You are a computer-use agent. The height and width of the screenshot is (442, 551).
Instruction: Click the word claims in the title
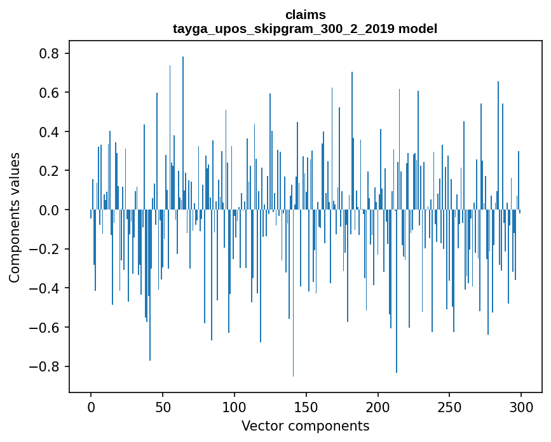pos(305,15)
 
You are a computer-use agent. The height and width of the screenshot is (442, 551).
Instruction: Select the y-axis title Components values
pos(15,217)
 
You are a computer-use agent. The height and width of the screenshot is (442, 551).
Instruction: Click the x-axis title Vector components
pos(305,425)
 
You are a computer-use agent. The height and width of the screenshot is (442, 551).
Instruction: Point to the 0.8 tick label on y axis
pos(49,54)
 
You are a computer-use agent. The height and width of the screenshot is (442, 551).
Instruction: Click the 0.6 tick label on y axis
pos(49,93)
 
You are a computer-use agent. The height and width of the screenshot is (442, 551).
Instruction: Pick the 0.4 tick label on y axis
pos(49,132)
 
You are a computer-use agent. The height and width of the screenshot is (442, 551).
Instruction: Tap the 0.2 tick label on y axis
pos(49,171)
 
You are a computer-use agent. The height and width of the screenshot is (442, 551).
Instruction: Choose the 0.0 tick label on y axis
pos(49,210)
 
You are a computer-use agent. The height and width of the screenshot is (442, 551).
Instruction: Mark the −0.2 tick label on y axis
pos(44,250)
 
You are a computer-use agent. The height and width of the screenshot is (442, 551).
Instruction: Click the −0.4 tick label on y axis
pos(44,288)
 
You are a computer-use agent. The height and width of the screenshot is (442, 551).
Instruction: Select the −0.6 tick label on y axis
pos(44,328)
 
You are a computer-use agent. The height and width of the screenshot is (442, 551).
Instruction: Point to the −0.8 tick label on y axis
pos(44,366)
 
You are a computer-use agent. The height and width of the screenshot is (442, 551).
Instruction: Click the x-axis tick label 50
pos(163,406)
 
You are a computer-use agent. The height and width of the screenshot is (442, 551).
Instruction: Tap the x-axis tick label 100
pos(235,406)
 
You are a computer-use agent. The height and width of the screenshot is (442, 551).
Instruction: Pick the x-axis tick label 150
pos(306,406)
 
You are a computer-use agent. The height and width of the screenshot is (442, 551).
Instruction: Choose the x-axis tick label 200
pos(378,406)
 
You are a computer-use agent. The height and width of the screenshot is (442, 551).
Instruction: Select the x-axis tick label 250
pos(450,406)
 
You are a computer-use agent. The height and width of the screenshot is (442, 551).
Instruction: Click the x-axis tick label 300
pos(521,406)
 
